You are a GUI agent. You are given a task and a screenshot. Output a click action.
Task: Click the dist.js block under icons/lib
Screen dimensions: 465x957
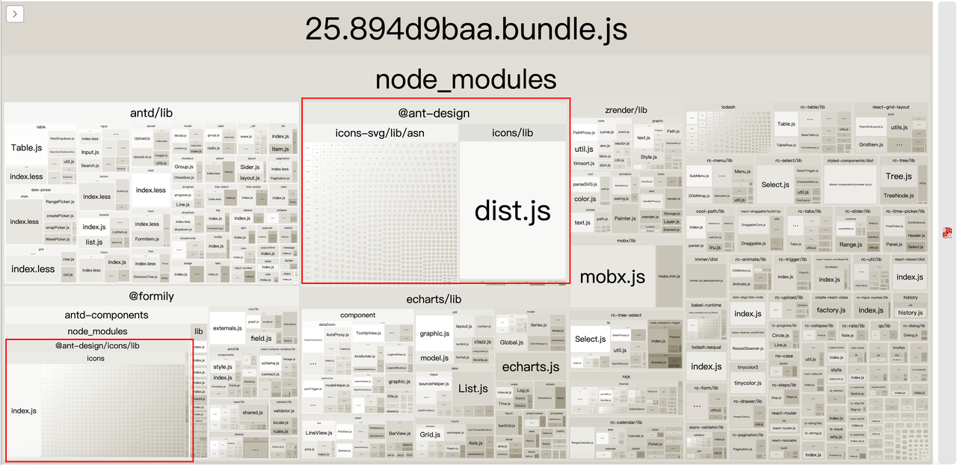point(512,210)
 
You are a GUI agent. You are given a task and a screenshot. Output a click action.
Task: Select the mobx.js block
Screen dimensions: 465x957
point(612,277)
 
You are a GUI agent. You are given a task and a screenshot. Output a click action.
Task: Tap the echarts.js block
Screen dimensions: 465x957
point(530,366)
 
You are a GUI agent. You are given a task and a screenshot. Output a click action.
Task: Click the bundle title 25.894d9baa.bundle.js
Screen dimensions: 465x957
point(466,30)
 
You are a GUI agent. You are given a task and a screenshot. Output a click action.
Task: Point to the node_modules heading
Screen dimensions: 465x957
point(466,80)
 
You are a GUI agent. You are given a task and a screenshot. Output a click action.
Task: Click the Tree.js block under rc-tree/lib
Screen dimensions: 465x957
point(898,176)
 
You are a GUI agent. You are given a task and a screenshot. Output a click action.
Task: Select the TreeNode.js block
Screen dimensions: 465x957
point(899,195)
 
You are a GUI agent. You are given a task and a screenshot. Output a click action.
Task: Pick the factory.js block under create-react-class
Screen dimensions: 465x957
point(831,310)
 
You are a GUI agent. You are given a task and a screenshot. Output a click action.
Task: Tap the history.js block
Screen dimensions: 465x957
point(910,310)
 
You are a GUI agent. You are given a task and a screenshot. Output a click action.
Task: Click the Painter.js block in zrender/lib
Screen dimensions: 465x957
point(625,218)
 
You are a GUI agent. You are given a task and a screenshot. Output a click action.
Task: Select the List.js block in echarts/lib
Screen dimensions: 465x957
point(473,389)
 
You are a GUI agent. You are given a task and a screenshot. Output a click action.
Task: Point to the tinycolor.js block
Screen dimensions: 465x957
point(748,383)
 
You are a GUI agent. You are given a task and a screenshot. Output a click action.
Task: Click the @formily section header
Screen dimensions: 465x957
point(151,296)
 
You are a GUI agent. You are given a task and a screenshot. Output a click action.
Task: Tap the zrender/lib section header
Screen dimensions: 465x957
point(626,110)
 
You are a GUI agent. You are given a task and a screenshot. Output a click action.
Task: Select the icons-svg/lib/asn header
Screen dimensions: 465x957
point(380,132)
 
